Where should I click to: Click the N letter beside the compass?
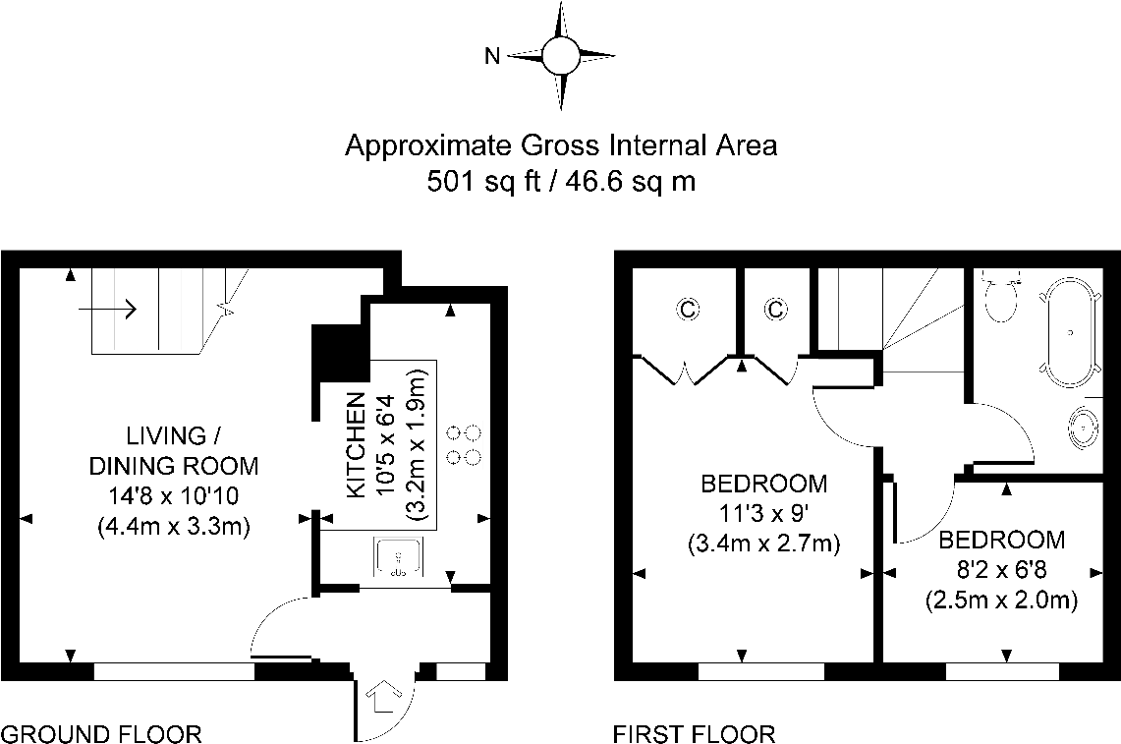pyautogui.click(x=493, y=56)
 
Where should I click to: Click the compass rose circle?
pyautogui.click(x=563, y=55)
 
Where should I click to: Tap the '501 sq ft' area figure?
pyautogui.click(x=480, y=181)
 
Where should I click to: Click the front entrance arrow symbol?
pyautogui.click(x=381, y=699)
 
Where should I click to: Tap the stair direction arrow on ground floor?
pyautogui.click(x=107, y=309)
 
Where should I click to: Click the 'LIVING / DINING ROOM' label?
pyautogui.click(x=175, y=450)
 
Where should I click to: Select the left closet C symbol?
pyautogui.click(x=687, y=311)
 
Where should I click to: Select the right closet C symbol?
pyautogui.click(x=775, y=311)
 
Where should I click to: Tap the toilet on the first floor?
pyautogui.click(x=1002, y=300)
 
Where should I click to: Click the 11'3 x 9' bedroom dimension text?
pyautogui.click(x=763, y=513)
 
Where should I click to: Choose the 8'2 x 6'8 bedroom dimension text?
pyautogui.click(x=1001, y=569)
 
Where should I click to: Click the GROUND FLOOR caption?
pyautogui.click(x=101, y=733)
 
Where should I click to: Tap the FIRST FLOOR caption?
pyautogui.click(x=694, y=733)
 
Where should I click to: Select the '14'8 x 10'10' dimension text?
pyautogui.click(x=175, y=496)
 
